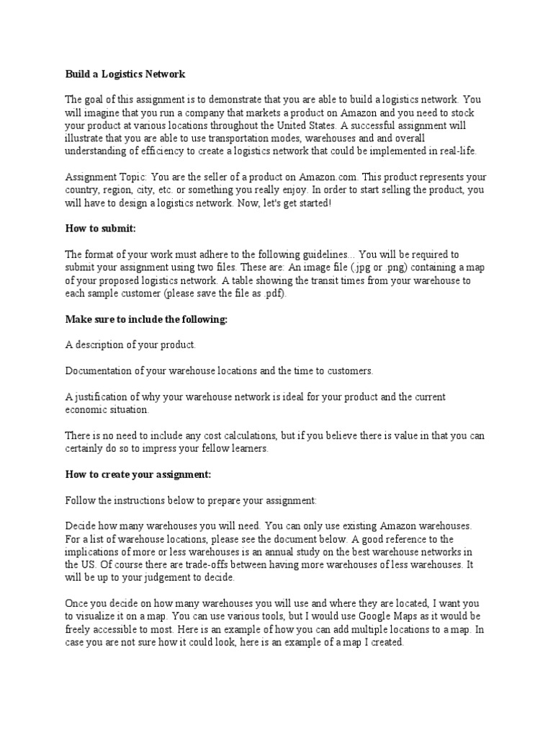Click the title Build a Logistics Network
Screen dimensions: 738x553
tap(125, 74)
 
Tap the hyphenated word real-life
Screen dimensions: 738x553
tap(453, 151)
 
